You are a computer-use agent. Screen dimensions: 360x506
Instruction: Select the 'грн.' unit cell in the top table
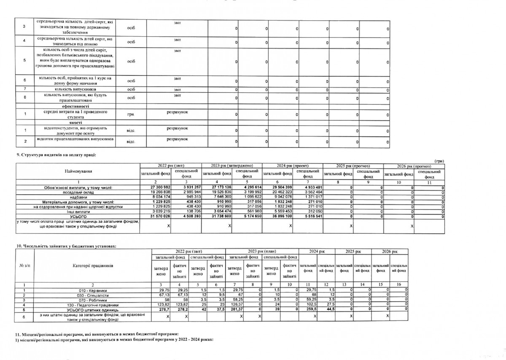coord(131,114)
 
